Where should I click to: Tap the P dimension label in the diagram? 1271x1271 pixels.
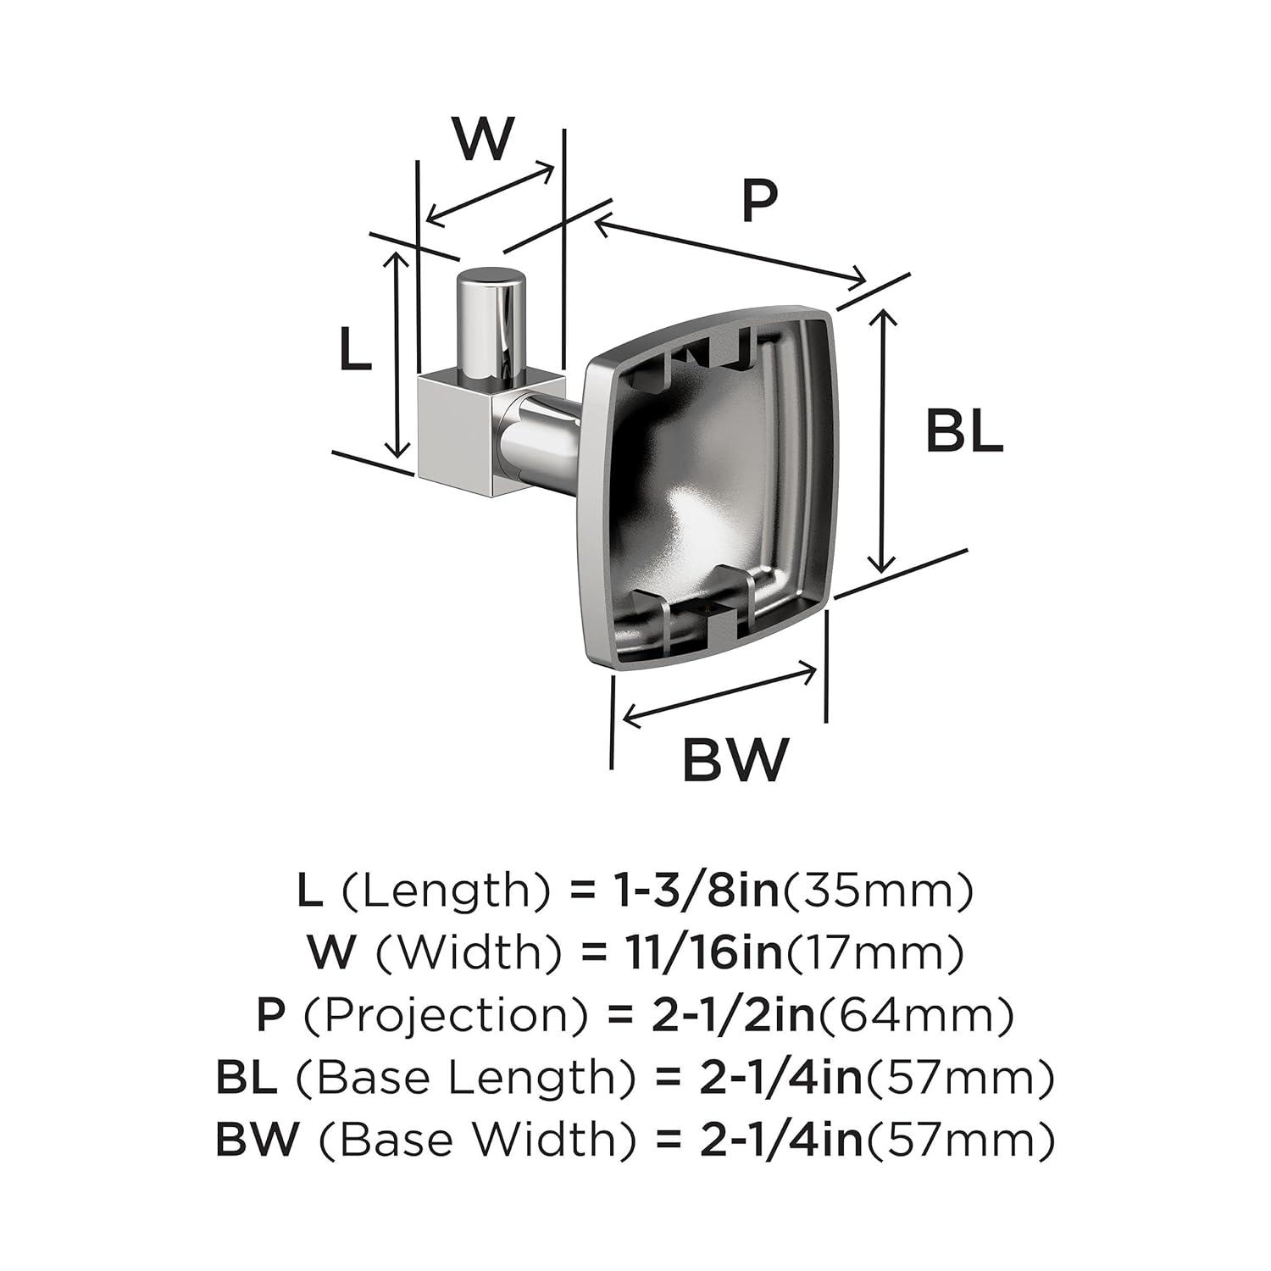(759, 201)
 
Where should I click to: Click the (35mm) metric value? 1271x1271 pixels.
(876, 891)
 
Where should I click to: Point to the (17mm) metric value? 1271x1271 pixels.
(874, 954)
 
